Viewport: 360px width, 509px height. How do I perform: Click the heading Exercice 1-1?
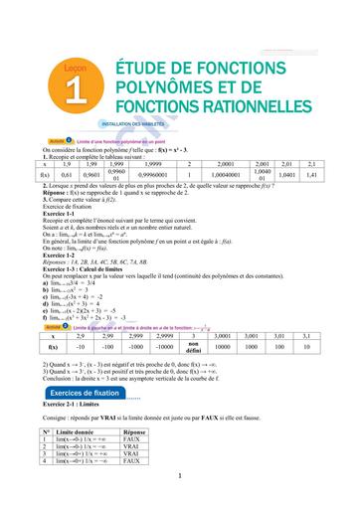coord(58,214)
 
